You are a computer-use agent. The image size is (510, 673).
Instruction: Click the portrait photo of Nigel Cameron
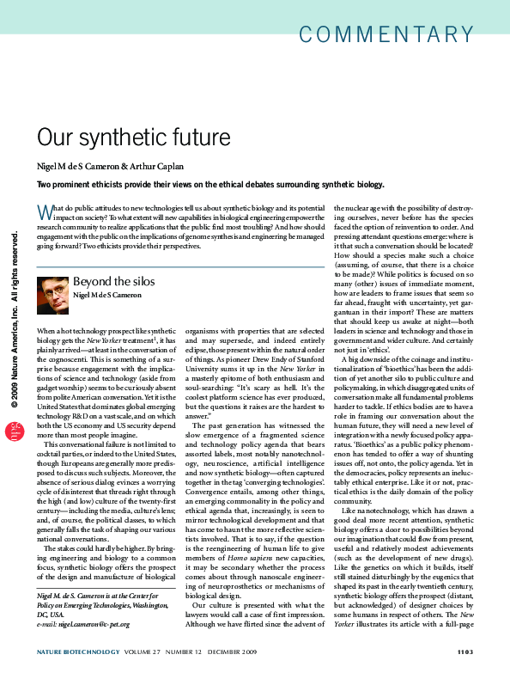click(x=53, y=294)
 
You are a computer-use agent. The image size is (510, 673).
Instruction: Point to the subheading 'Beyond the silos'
click(x=113, y=281)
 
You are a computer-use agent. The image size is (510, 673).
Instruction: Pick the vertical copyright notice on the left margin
click(x=15, y=321)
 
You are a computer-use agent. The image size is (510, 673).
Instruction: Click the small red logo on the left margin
click(x=15, y=431)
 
